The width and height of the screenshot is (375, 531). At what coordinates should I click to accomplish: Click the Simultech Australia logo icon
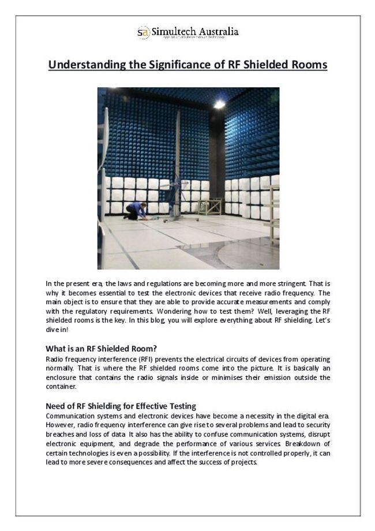coord(142,32)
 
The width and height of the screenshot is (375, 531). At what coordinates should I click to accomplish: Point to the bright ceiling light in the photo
coord(219,103)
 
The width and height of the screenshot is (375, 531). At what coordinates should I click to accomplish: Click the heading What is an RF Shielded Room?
coord(101,348)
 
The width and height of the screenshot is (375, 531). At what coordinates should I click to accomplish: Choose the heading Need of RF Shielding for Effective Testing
coord(121,406)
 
